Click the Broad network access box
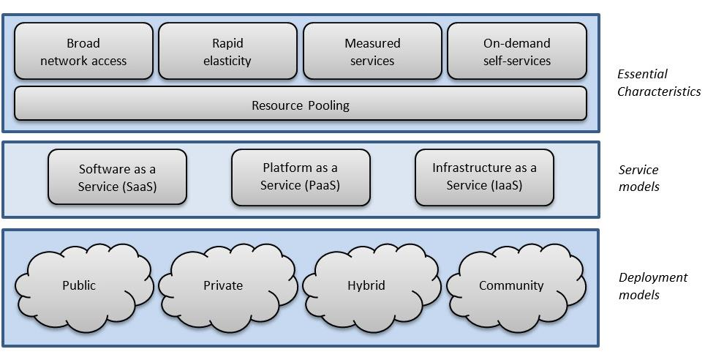83,51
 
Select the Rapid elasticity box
227,51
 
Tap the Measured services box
372,51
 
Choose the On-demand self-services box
516,51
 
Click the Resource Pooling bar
300,105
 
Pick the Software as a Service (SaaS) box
117,177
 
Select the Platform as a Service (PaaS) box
300,177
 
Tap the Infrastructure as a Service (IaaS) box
484,177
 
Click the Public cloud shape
79,285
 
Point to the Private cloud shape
223,285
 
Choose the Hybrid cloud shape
366,285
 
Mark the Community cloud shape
511,285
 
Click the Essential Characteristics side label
658,83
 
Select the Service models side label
638,178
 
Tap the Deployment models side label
652,286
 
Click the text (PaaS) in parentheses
322,185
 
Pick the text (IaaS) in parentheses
506,185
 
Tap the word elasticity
227,61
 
